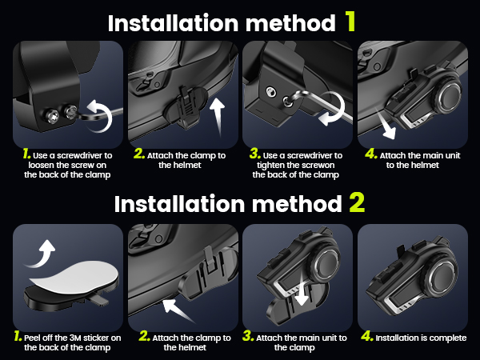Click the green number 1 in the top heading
coord(350,21)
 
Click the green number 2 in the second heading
coord(357,202)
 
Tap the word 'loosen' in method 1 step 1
coord(41,166)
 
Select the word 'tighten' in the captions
coord(270,166)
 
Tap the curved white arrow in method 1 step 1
coord(99,115)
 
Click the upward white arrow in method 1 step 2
coord(218,116)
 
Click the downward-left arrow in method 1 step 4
coord(386,126)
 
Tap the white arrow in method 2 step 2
coord(177,310)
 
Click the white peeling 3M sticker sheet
coord(74,277)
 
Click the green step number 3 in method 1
coord(255,154)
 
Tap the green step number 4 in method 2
coord(367,336)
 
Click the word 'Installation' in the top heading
coord(174,23)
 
